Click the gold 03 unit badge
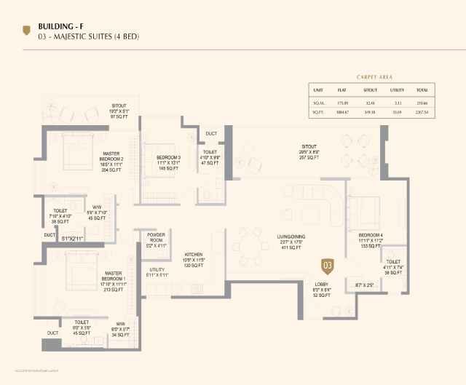tap(328, 266)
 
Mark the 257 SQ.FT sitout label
tap(309, 152)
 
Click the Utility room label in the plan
tap(157, 270)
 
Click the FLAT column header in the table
tap(341, 90)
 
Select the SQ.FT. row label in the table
tap(318, 112)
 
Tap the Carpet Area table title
tap(375, 76)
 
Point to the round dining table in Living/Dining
tap(253, 249)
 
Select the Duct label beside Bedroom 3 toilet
tap(211, 134)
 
